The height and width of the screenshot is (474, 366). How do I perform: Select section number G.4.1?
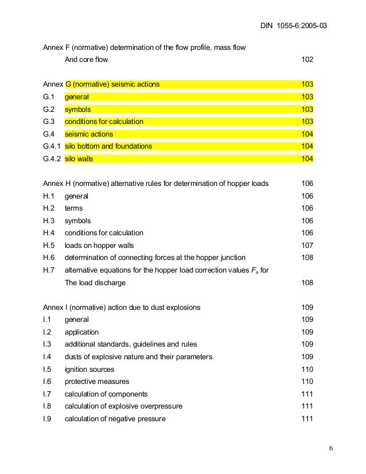pyautogui.click(x=51, y=146)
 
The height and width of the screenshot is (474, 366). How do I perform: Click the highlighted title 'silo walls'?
pyautogui.click(x=79, y=159)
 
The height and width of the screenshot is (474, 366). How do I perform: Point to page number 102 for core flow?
pyautogui.click(x=307, y=60)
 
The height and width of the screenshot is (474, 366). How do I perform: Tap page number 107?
pyautogui.click(x=307, y=246)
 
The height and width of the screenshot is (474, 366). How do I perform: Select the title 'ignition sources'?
pyautogui.click(x=89, y=370)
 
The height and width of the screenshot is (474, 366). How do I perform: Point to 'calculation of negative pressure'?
pyautogui.click(x=115, y=419)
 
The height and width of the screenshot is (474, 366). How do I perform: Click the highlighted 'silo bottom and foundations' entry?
pyautogui.click(x=108, y=146)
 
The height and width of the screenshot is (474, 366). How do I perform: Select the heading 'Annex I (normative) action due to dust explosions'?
pyautogui.click(x=122, y=308)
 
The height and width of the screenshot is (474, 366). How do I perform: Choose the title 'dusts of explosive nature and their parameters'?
pyautogui.click(x=138, y=357)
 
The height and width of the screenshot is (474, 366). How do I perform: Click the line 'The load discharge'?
pyautogui.click(x=95, y=283)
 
